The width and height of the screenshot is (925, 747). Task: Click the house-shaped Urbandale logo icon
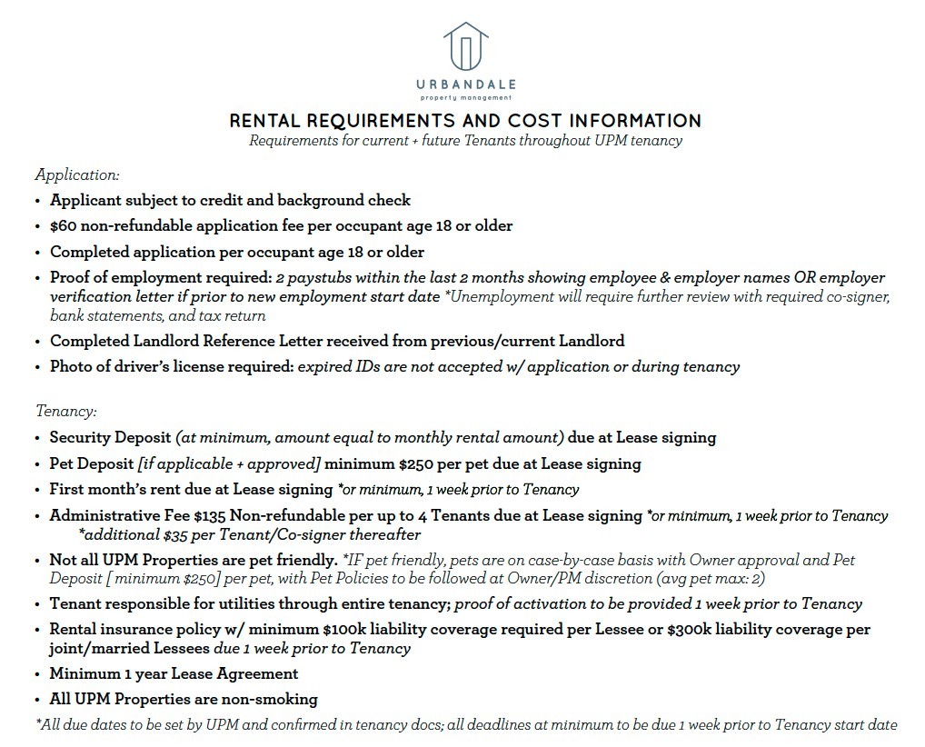pos(465,45)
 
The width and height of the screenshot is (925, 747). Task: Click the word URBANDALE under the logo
pos(465,85)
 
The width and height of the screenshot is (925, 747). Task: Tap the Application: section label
pos(77,174)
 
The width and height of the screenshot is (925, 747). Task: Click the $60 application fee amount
pos(63,225)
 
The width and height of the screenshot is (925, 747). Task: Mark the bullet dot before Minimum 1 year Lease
pos(37,674)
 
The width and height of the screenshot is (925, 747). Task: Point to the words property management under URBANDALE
pos(465,98)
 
